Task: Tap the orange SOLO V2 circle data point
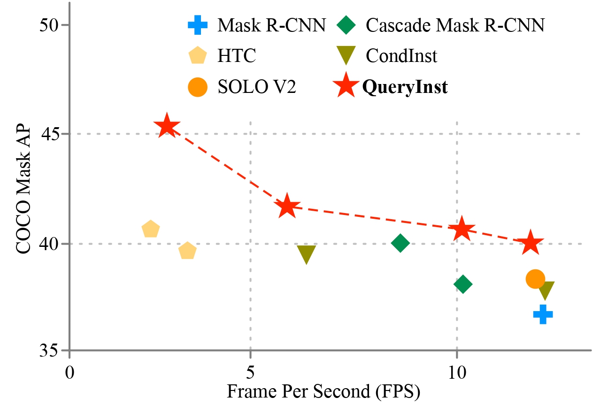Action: pos(535,279)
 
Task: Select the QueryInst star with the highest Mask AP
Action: pos(167,126)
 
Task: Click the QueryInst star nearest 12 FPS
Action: pos(531,243)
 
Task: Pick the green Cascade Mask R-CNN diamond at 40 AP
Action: pos(400,243)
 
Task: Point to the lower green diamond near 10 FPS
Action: pos(462,284)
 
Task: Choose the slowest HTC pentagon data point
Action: pos(150,229)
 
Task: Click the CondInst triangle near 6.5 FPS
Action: pos(306,254)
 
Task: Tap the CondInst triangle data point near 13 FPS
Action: pos(547,291)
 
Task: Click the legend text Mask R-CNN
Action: pos(271,25)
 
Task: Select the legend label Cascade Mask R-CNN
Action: pos(454,25)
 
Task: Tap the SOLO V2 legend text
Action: pos(256,87)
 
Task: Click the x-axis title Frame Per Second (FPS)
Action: pos(323,391)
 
